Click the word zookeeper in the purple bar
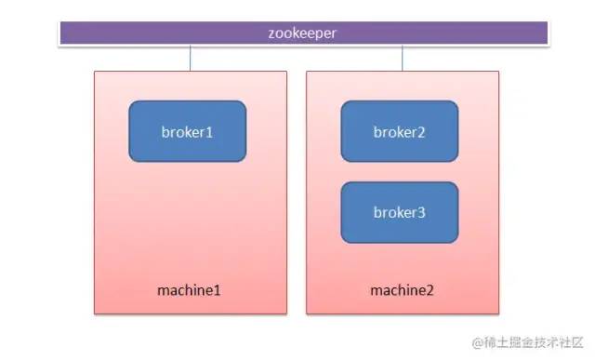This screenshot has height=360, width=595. pos(302,33)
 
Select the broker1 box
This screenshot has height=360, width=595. pos(188,131)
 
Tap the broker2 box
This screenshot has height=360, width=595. pos(400,131)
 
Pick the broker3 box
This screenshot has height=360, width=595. pos(400,212)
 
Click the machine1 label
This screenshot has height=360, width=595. pos(189,290)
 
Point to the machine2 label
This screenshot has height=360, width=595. pos(402,290)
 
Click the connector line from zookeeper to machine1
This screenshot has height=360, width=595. pos(190,58)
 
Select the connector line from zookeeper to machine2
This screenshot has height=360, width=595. pos(403,58)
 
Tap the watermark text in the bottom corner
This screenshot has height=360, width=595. pos(527,342)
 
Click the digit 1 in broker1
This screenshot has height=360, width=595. pos(208,132)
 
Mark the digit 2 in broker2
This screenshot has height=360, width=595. pos(420,132)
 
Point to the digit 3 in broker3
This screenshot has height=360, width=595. pos(421,213)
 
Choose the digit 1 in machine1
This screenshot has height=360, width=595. pos(217,290)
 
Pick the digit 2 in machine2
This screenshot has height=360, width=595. pos(430,290)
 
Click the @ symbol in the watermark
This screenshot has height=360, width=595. pos(478,342)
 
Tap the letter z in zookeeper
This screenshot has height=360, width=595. pos(271,34)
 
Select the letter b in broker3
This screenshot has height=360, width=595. pos(377,212)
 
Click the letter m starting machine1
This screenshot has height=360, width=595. pos(164,292)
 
